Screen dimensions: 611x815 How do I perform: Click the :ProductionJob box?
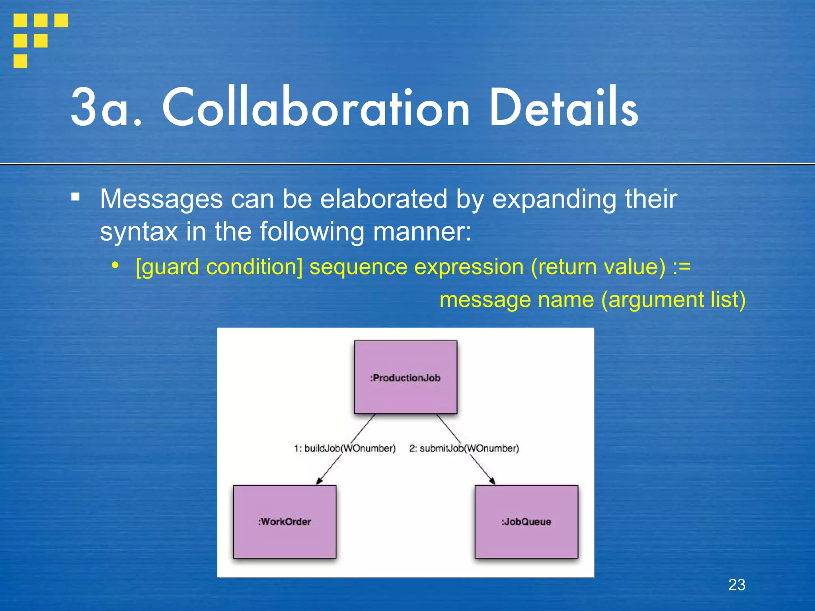[406, 377]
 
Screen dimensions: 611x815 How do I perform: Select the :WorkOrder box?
[285, 521]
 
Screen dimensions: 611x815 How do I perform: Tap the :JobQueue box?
[526, 521]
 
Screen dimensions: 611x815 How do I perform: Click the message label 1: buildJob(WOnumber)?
[345, 448]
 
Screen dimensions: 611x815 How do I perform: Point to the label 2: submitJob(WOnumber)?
[464, 448]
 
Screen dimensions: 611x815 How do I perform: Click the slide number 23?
[737, 585]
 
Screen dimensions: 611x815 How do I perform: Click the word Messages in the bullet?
[161, 198]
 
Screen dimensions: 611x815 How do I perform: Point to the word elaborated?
[384, 198]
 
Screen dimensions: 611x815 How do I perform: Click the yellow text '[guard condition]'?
[219, 267]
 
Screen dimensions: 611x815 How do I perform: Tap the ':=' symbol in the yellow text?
[681, 267]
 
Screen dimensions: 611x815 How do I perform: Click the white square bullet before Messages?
[75, 197]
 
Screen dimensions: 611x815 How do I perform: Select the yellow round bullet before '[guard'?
[115, 265]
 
